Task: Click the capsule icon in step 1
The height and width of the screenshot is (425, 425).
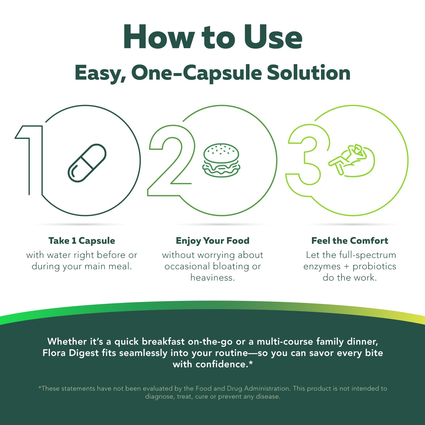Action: [x=87, y=163]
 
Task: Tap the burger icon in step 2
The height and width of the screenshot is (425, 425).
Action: [x=221, y=160]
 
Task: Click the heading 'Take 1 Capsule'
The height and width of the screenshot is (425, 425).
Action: [x=82, y=241]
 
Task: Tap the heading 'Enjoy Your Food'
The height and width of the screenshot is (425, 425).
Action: [x=212, y=241]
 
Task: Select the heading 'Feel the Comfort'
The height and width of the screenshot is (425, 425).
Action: [x=350, y=241]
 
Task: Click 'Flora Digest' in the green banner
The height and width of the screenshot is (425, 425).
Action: [x=71, y=353]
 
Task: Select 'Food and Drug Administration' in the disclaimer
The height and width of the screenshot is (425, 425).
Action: [x=243, y=388]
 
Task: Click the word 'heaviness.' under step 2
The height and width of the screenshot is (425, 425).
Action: [x=212, y=278]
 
